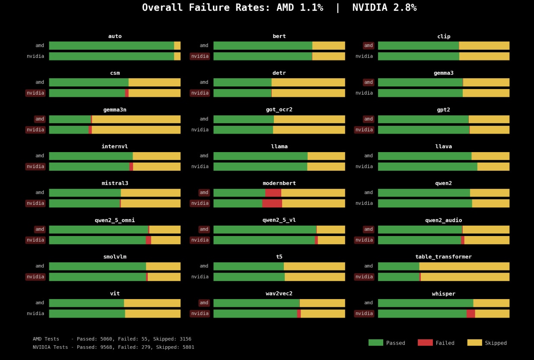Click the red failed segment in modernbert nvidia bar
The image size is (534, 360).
click(x=272, y=203)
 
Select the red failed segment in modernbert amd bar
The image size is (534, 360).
click(x=273, y=193)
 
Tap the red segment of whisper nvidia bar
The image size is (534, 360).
click(x=470, y=314)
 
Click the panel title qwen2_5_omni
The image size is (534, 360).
click(x=115, y=220)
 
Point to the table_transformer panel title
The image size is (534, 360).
click(x=443, y=257)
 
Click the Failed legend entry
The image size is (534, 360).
click(x=436, y=343)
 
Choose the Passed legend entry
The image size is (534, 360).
click(x=387, y=343)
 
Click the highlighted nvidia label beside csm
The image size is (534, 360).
click(x=35, y=93)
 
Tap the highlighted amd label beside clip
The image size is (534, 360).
click(x=369, y=45)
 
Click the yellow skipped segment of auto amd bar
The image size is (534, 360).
click(x=177, y=45)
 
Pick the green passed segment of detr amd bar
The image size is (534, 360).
click(x=242, y=82)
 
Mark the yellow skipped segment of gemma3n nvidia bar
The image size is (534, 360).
click(x=136, y=130)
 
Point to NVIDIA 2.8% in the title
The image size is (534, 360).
click(x=384, y=8)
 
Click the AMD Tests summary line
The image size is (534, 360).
click(x=112, y=339)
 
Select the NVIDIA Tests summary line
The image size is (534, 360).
click(x=113, y=347)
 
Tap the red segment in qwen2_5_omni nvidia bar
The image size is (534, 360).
click(x=148, y=240)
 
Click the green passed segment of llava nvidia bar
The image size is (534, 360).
click(x=427, y=166)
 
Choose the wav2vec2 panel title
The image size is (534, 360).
click(x=279, y=294)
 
